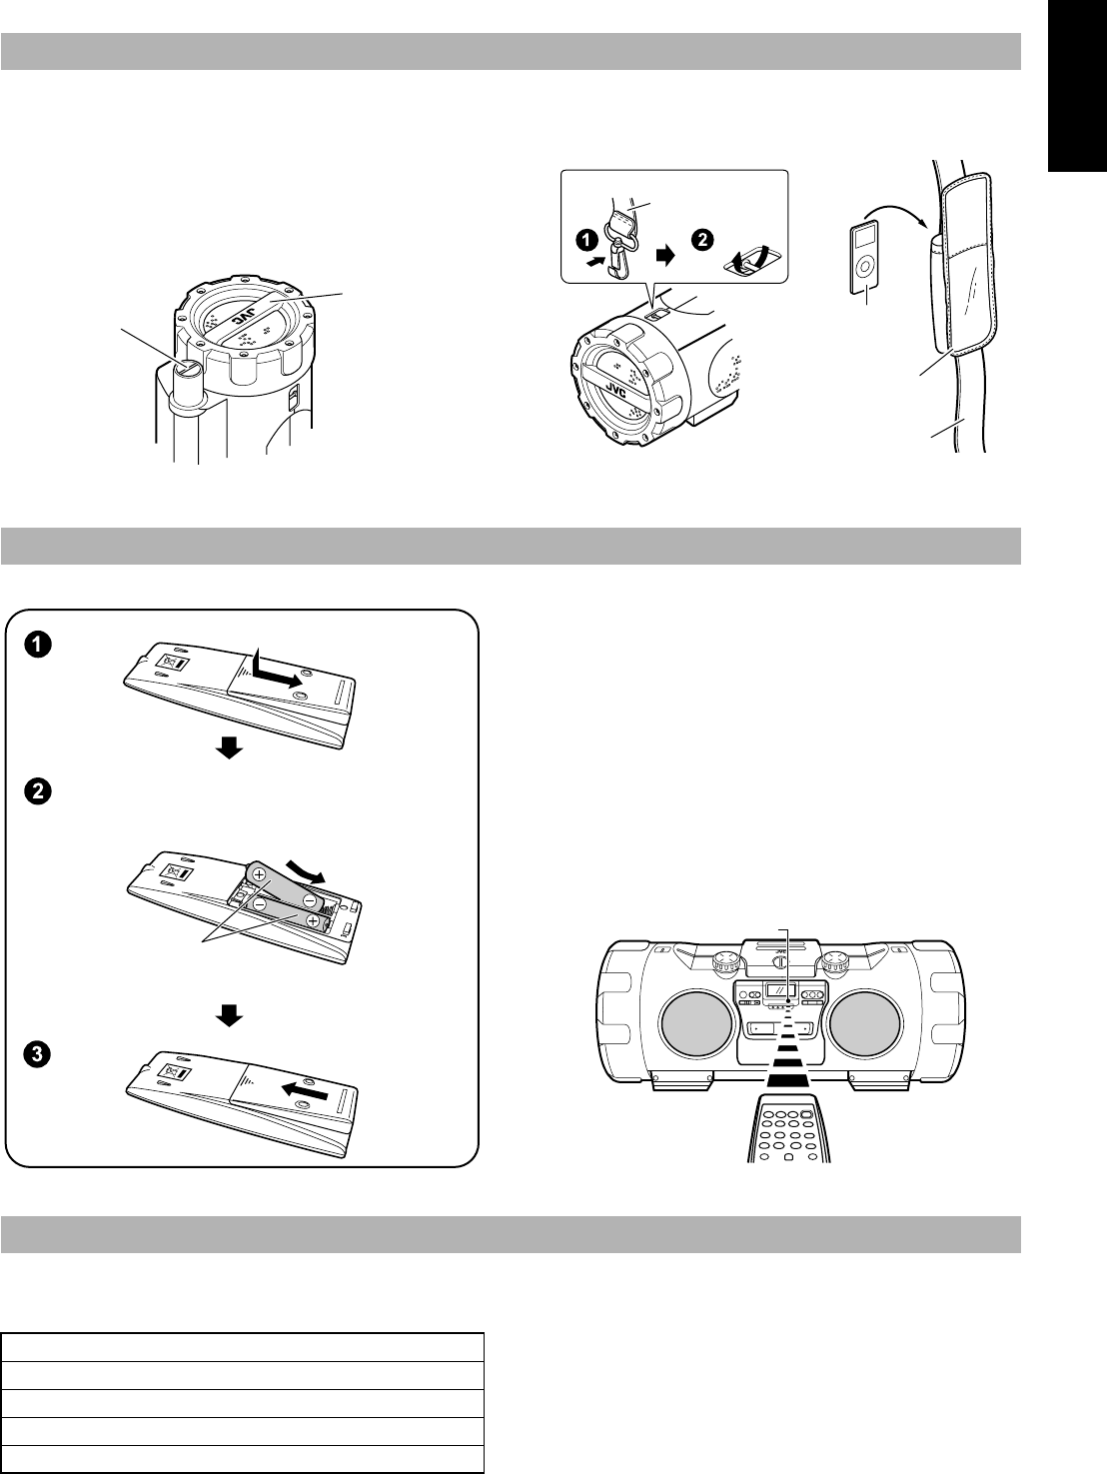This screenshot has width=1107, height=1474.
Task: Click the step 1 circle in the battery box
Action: click(x=36, y=645)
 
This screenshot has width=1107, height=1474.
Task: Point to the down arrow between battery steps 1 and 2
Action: click(x=230, y=748)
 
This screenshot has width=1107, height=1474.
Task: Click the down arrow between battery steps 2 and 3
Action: click(x=230, y=1014)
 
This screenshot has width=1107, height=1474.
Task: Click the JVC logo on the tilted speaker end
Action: click(x=616, y=391)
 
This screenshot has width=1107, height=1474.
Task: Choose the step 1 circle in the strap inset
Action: click(x=587, y=241)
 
